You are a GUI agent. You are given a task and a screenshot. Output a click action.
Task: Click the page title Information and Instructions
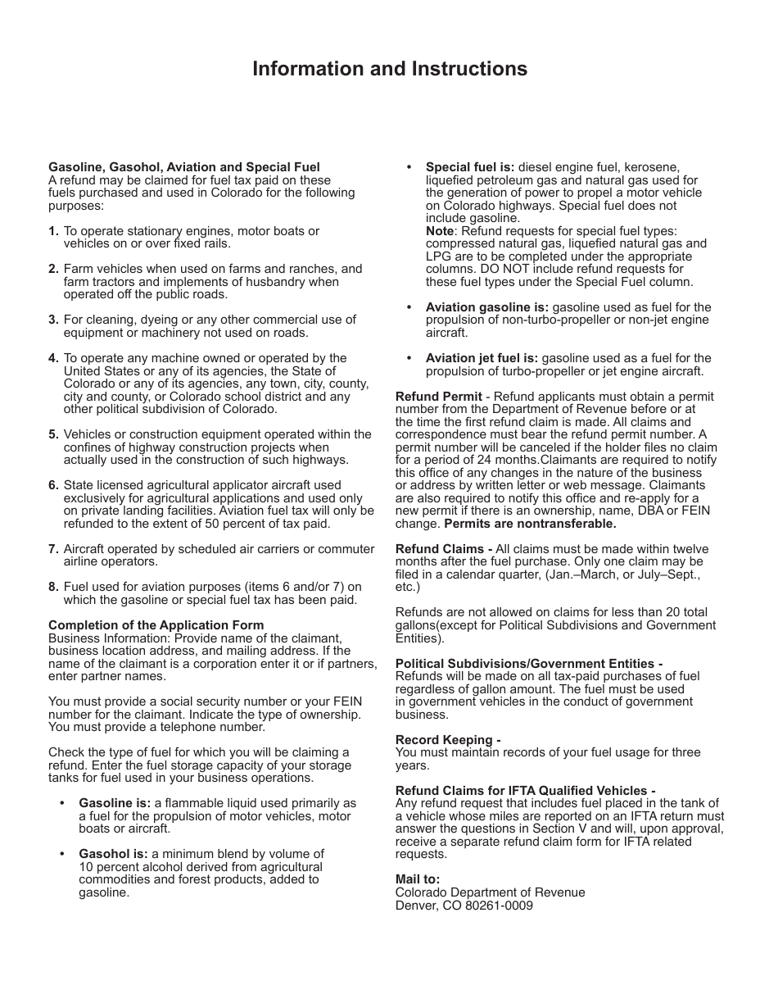[x=390, y=69]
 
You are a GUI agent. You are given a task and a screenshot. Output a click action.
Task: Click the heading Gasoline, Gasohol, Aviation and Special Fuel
[x=184, y=167]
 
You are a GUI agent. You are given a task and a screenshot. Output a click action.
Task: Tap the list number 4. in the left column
[x=53, y=358]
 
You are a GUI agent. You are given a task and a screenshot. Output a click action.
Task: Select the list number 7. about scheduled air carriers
[x=53, y=549]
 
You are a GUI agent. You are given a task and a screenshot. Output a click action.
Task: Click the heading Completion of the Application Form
[x=156, y=625]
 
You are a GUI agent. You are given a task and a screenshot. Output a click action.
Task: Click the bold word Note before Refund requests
[x=439, y=231]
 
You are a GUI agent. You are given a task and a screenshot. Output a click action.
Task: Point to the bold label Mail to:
[x=418, y=879]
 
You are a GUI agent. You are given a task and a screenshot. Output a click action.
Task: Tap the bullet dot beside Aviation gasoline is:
[x=409, y=307]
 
